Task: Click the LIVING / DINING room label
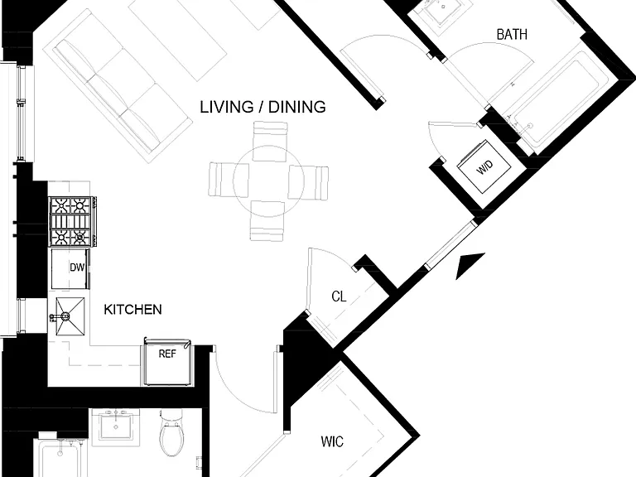[x=263, y=107]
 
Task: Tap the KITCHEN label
[x=132, y=310]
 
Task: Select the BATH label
[x=512, y=35]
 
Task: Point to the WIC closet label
[x=332, y=441]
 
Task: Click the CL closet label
[x=339, y=296]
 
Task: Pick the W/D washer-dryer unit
[x=484, y=166]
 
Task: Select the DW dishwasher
[x=70, y=268]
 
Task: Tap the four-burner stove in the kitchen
[x=73, y=221]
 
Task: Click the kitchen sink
[x=70, y=316]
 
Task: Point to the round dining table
[x=268, y=181]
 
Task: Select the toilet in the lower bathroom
[x=171, y=433]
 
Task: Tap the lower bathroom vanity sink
[x=116, y=427]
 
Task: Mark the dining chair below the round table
[x=267, y=220]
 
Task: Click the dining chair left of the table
[x=229, y=180]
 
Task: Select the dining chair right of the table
[x=308, y=182]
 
